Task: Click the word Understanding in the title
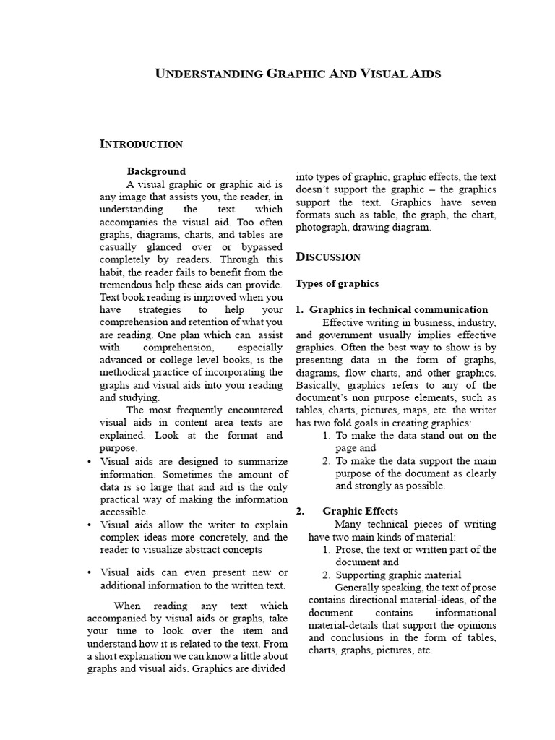[x=210, y=74]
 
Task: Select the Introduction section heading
[x=140, y=144]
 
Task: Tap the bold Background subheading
[x=156, y=171]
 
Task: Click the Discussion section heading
[x=328, y=257]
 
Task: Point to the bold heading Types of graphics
[x=337, y=283]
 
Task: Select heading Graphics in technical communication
[x=398, y=309]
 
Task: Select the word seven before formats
[x=481, y=202]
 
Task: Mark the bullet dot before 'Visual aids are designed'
[x=89, y=461]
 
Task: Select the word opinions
[x=476, y=624]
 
